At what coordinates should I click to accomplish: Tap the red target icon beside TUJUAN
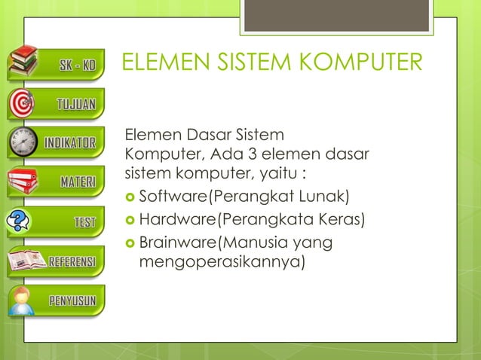click(23, 102)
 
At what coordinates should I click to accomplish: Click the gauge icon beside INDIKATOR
click(23, 142)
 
